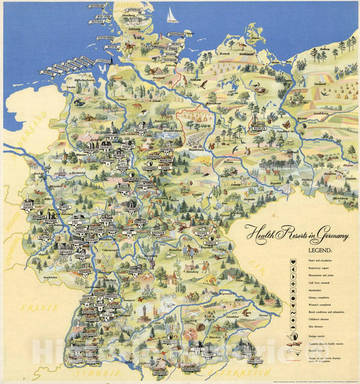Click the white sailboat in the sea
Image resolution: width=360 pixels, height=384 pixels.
click(172, 16)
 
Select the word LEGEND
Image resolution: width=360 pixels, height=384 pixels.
click(261, 250)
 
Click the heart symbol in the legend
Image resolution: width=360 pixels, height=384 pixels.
click(293, 260)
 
